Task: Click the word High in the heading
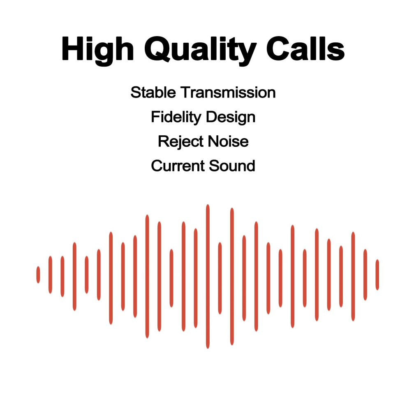[97, 50]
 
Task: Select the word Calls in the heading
[305, 49]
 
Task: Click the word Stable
[153, 92]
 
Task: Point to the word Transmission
[228, 92]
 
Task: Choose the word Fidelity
[176, 117]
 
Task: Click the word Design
[231, 117]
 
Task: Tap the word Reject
[180, 142]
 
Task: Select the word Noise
[228, 141]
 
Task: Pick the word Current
[178, 166]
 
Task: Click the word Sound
[232, 166]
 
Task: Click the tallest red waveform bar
[208, 276]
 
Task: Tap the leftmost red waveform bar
[38, 275]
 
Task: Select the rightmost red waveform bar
[377, 275]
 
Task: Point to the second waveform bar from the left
[50, 275]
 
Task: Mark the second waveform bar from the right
[365, 275]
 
